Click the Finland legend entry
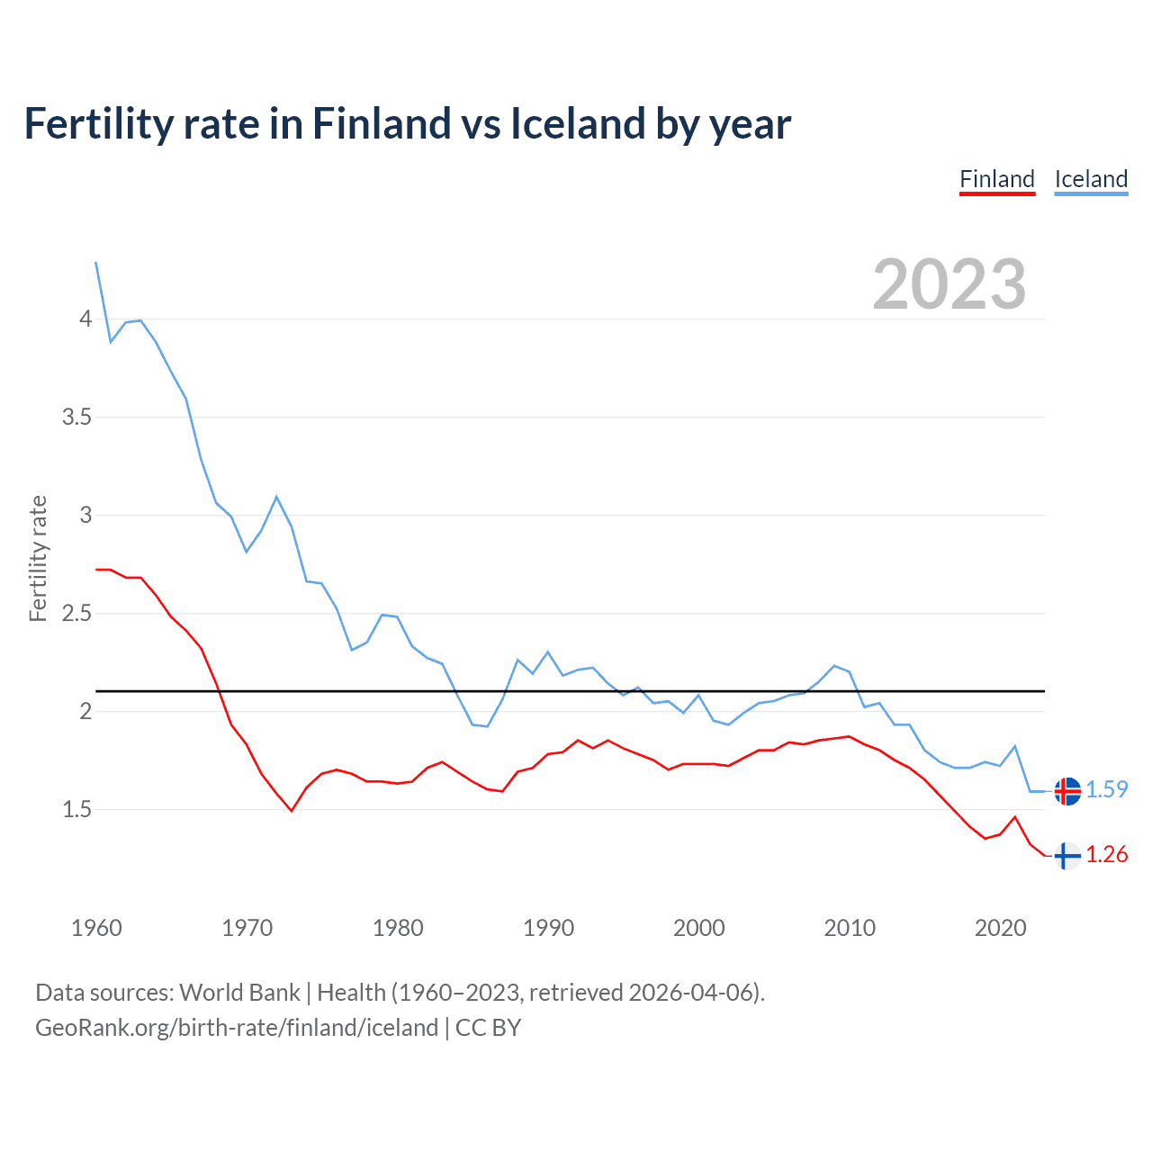(x=997, y=179)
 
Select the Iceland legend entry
(x=1091, y=179)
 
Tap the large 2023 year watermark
(x=949, y=284)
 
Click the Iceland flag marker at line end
(x=1067, y=790)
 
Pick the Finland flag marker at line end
(x=1067, y=855)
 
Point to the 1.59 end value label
(x=1106, y=789)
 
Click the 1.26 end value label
(x=1106, y=854)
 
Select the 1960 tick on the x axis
(x=96, y=928)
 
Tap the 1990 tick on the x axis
(x=548, y=928)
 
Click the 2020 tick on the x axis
(x=1000, y=928)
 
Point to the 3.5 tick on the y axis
(x=76, y=418)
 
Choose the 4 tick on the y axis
(x=85, y=319)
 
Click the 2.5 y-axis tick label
(x=76, y=614)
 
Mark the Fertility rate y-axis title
(x=38, y=558)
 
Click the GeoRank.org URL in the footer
(x=237, y=1028)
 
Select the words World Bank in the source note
(x=239, y=992)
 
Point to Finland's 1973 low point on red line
(x=292, y=811)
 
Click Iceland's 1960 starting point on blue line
(x=96, y=262)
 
